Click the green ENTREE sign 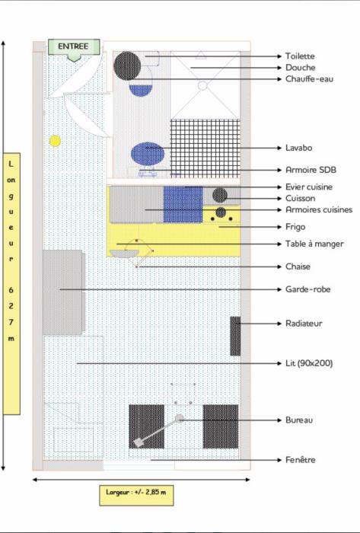74,47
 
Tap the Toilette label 300,56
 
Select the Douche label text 300,67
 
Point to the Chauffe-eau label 309,79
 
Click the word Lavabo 298,148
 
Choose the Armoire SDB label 311,170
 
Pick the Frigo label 295,227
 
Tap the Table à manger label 314,244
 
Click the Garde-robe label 307,289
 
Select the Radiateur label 304,324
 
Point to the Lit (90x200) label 309,363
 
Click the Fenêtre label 300,460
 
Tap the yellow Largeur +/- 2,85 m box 136,495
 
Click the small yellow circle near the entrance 55,141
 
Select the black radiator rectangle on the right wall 235,337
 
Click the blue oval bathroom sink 148,154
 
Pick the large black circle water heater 127,65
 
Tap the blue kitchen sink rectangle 183,204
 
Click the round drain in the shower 202,85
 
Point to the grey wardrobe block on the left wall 63,292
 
